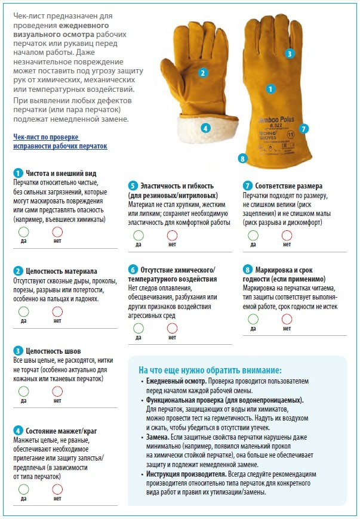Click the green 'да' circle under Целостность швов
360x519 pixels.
tap(23, 391)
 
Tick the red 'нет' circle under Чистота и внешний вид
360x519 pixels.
tap(57, 231)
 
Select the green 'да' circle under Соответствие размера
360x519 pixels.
tap(253, 235)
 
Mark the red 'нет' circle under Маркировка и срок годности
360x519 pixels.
tap(287, 319)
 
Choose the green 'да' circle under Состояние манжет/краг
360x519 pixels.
tap(23, 489)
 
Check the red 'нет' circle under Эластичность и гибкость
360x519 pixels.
tap(172, 235)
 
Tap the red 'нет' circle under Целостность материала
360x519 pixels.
tap(57, 311)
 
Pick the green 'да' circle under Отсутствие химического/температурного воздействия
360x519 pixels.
tap(139, 328)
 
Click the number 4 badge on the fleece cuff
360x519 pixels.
tap(205, 128)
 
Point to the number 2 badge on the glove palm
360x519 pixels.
tap(203, 73)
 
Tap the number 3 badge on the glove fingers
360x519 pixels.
tap(290, 54)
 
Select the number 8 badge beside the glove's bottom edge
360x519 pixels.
tap(243, 159)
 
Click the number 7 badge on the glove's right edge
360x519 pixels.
tap(303, 128)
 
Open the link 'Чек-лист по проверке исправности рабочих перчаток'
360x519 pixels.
tap(60, 141)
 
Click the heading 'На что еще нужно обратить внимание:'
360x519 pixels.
tap(210, 370)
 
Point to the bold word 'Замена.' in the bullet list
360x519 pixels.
tap(158, 437)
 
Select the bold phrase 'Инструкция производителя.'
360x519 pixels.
tap(186, 474)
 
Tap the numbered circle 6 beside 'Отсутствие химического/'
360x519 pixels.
tap(133, 270)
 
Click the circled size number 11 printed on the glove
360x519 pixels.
tap(291, 135)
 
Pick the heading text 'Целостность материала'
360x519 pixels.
tap(61, 271)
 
